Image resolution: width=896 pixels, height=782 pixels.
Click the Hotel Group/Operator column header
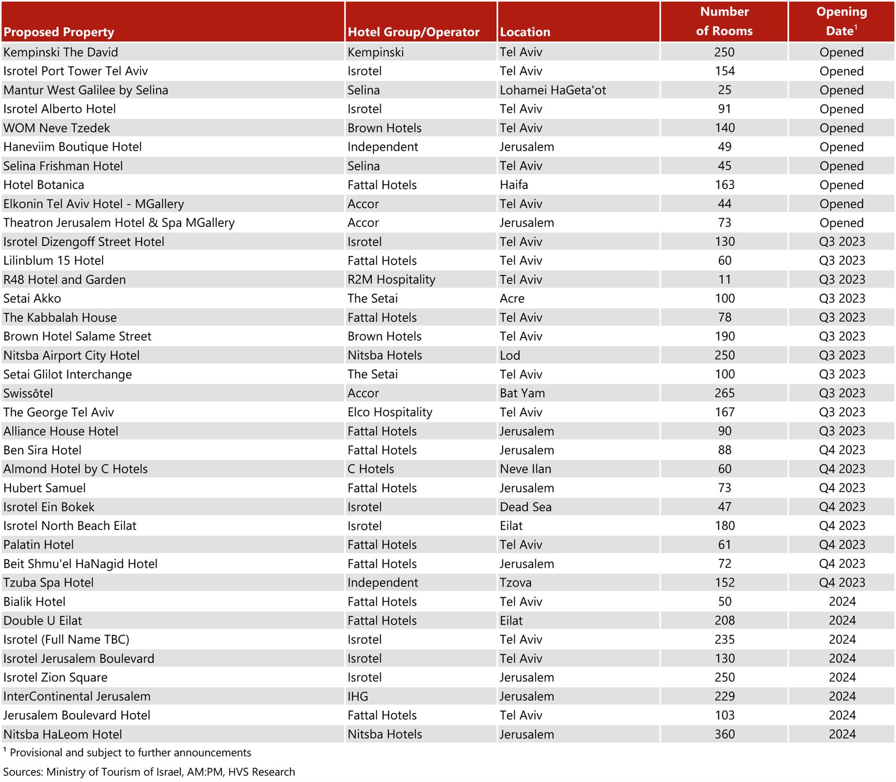click(413, 32)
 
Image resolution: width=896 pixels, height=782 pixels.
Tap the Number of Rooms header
click(724, 21)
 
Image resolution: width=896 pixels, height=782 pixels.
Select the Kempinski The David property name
click(60, 52)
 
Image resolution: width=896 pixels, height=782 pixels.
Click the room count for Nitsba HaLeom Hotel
click(724, 735)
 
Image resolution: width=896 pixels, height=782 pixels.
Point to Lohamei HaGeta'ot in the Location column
click(552, 90)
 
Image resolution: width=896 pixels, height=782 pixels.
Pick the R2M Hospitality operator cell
click(391, 280)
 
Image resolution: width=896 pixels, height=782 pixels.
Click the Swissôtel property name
click(28, 394)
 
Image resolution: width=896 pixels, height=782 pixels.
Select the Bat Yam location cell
click(522, 394)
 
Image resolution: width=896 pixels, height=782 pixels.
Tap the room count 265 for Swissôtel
click(724, 394)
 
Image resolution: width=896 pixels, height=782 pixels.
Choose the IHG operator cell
click(358, 696)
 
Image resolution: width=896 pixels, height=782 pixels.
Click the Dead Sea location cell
click(526, 507)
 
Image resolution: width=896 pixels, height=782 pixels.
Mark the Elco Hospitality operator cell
click(390, 412)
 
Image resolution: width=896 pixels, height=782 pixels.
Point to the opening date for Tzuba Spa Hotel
click(842, 583)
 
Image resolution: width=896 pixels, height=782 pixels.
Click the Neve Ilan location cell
click(526, 469)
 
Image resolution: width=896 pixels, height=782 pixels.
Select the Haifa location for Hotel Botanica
click(514, 185)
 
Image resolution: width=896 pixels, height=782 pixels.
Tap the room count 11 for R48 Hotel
click(724, 280)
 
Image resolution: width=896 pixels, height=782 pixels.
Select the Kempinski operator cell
click(375, 52)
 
